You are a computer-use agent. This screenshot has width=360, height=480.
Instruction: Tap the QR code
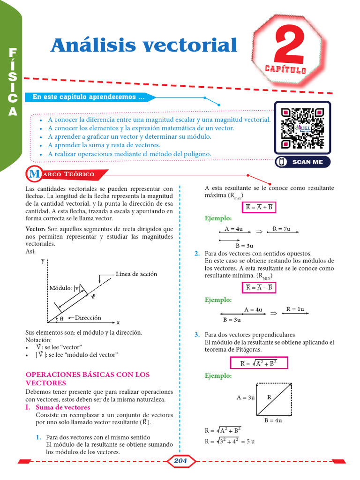coord(302,128)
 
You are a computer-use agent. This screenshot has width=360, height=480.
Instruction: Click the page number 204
coord(180,461)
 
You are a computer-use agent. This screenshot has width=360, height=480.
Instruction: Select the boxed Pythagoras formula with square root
coord(258,363)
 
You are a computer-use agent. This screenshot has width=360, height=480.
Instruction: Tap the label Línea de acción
coord(136,274)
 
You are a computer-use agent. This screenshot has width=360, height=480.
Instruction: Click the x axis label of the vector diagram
coord(118,322)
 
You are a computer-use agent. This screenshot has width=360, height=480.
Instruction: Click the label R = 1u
coord(295,309)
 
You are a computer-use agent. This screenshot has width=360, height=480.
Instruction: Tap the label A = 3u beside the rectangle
coord(245,397)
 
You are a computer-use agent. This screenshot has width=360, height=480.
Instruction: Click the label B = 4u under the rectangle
coord(273,420)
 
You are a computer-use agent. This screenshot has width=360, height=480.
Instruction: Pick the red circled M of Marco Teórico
coord(34,174)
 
